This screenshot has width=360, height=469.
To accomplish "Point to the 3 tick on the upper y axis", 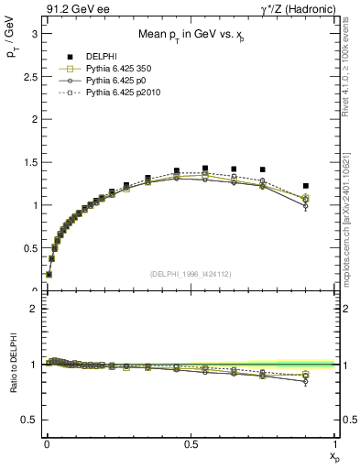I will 34,33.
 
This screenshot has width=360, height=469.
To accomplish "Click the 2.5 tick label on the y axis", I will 29,76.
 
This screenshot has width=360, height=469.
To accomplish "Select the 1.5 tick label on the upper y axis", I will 29,162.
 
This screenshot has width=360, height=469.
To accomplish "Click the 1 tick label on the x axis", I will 335,443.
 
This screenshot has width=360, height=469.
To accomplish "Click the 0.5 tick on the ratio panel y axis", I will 29,420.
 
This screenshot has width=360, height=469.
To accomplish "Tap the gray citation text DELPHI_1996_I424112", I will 190,274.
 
